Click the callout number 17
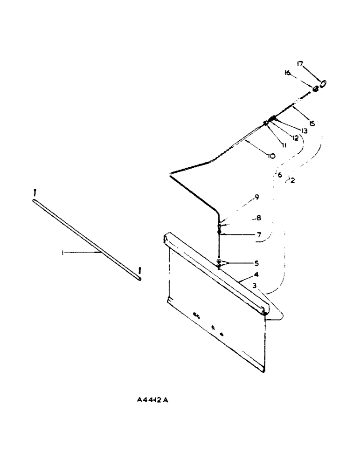point(301,64)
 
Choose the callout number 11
point(284,145)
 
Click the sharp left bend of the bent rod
point(171,174)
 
